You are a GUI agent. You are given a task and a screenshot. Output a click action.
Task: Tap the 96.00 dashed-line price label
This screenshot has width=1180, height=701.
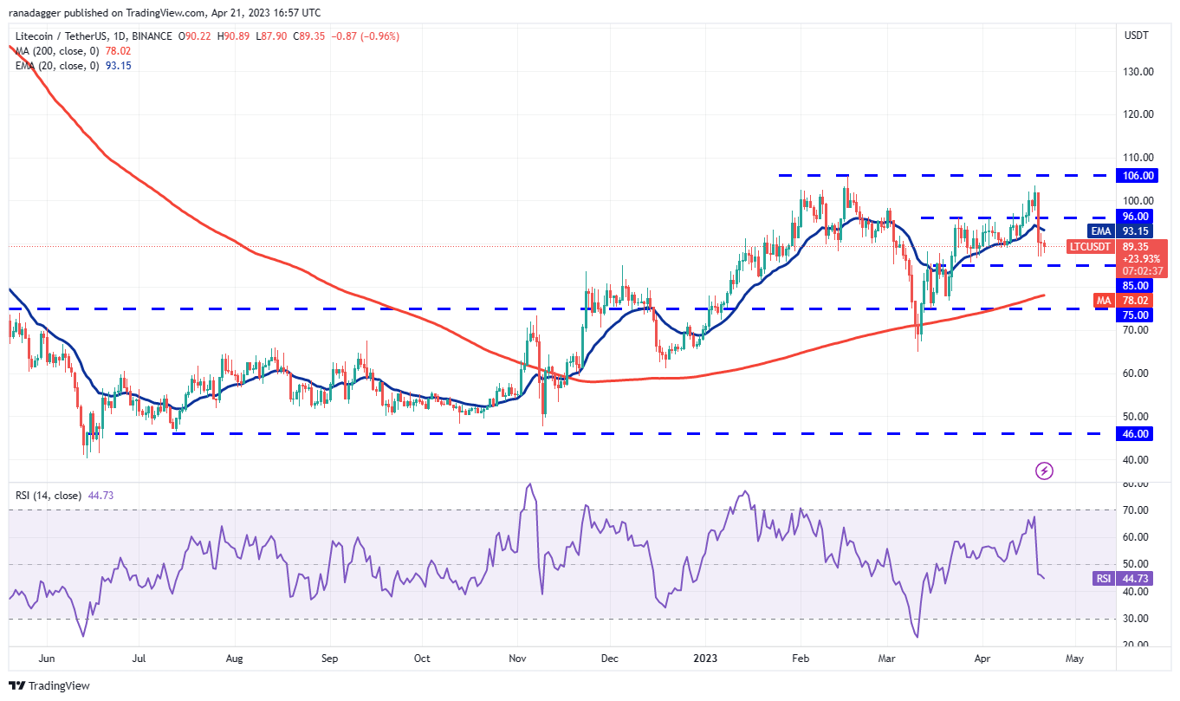tap(1137, 217)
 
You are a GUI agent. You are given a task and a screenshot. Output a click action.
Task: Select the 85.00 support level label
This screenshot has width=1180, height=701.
tap(1137, 285)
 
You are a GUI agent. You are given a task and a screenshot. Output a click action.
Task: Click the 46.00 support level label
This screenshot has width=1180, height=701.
tap(1137, 433)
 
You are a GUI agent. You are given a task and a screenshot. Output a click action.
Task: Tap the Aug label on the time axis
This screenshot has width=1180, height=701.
tap(233, 659)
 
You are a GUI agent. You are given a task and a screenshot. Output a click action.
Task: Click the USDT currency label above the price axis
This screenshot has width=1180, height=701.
tap(1136, 36)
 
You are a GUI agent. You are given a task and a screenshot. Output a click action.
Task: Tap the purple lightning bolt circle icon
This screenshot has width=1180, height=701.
tap(1045, 471)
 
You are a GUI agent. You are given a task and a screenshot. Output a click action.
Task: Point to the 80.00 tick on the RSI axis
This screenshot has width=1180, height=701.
tap(1136, 484)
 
